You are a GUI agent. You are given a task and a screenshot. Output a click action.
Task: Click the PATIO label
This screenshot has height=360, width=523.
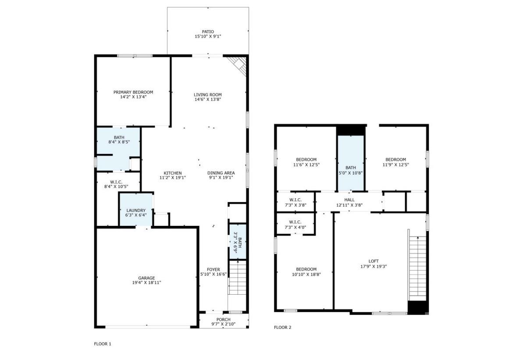coord(208,32)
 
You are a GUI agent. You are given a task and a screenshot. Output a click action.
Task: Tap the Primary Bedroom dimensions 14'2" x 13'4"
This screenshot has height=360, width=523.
coord(133,97)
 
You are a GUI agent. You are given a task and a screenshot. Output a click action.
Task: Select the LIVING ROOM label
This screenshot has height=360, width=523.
coord(208,94)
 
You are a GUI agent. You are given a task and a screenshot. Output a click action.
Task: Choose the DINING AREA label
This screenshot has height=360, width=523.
coord(221,173)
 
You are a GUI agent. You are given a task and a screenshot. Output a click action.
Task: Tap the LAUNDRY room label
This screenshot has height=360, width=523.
coord(136,210)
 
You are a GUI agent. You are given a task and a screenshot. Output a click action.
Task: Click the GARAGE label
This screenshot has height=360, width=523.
coord(146,278)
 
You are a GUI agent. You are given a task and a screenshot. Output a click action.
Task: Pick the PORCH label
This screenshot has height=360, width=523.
coord(224,319)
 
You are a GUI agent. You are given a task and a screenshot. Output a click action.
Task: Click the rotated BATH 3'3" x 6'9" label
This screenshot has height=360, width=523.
coord(237,242)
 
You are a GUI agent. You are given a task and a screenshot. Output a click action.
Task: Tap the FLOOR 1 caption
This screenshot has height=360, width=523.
coord(103,344)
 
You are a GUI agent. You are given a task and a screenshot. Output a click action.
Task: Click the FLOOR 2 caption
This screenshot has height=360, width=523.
coord(282,327)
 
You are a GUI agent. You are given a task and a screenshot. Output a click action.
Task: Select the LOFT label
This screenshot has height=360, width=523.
coord(374,261)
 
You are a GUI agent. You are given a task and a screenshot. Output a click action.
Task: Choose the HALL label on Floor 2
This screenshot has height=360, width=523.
coord(349,200)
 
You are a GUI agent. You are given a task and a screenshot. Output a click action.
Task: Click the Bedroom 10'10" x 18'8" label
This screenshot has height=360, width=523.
coord(306,269)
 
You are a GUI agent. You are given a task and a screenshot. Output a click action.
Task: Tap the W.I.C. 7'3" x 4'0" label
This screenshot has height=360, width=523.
coord(295,224)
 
